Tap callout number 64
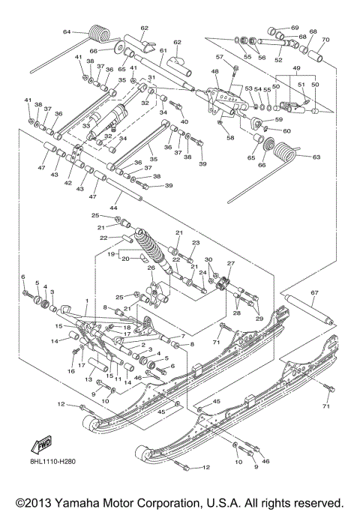[x=66, y=32]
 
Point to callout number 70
[x=325, y=39]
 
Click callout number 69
[x=294, y=27]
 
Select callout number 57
[x=220, y=57]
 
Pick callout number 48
[x=214, y=72]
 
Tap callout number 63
[x=315, y=157]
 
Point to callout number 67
[x=314, y=292]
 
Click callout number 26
[x=151, y=268]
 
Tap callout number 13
[x=88, y=379]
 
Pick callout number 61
[x=161, y=51]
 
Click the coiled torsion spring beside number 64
[x=98, y=34]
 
